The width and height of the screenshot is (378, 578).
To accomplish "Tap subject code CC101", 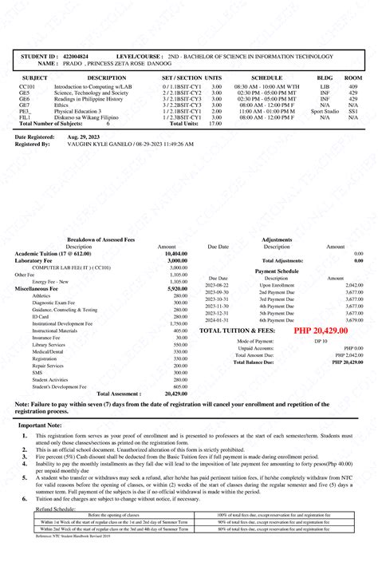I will point(27,85).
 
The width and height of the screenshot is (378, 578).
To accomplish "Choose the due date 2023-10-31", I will point(217,299).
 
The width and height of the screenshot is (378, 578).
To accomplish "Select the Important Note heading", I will point(40,426).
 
